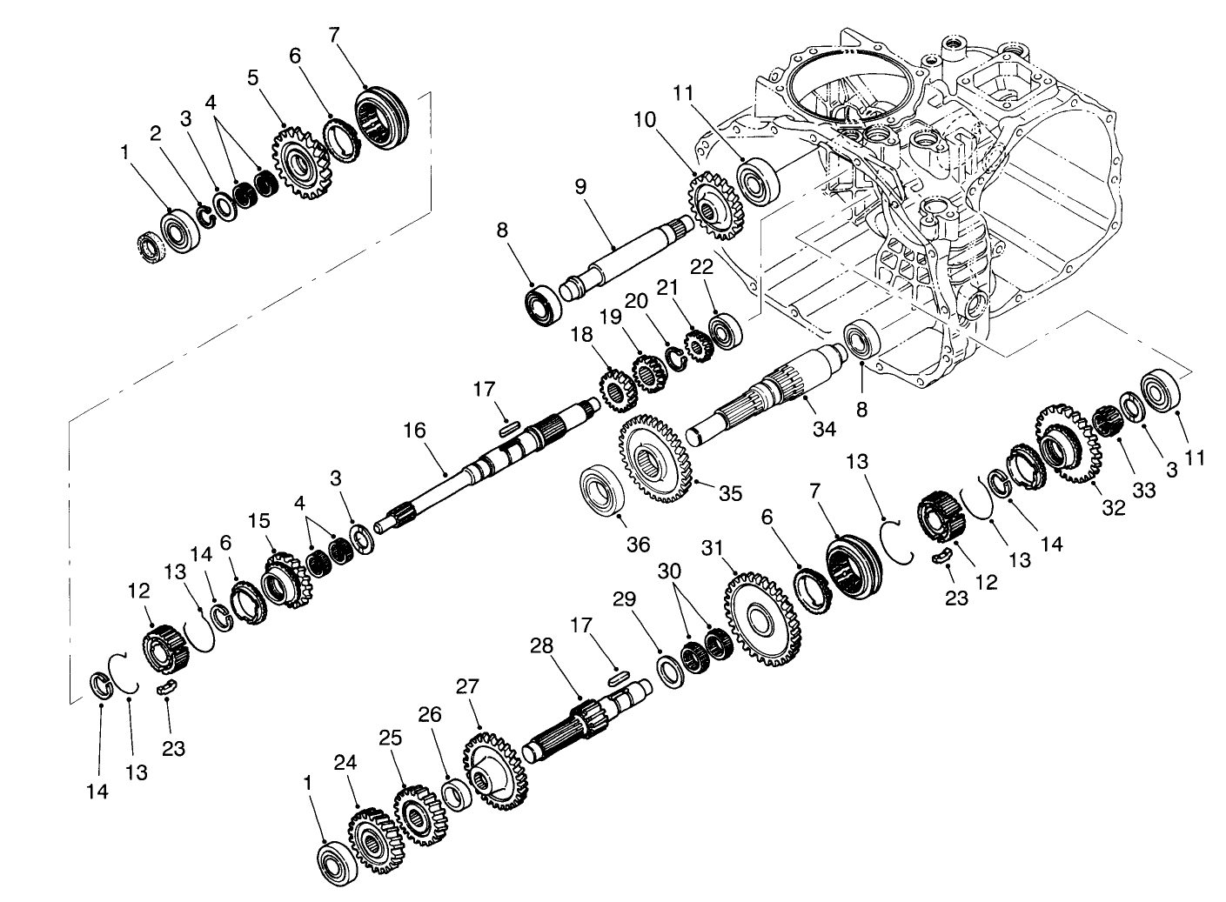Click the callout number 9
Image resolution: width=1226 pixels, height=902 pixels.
[x=581, y=186]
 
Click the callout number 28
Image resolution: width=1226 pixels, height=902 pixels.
[x=541, y=647]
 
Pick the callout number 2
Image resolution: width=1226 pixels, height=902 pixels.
[x=155, y=133]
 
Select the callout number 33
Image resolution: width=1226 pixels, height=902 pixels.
[x=1143, y=490]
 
